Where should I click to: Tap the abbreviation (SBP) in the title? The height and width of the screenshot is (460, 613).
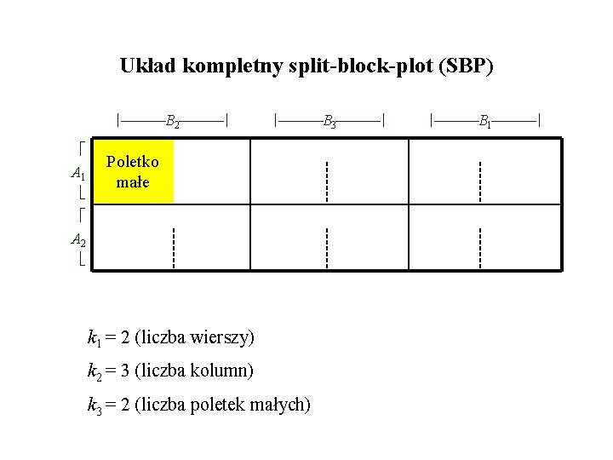464,66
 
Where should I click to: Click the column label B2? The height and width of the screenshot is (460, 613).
172,122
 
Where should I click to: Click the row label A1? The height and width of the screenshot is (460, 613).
77,175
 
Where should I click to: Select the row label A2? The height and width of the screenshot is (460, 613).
77,239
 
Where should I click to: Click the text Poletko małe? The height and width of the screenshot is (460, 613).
133,172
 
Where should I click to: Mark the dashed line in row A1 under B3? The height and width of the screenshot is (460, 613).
327,180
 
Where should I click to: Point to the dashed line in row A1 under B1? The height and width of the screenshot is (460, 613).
480,180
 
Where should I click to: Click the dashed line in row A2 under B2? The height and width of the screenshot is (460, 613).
173,247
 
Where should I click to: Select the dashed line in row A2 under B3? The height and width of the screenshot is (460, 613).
327,247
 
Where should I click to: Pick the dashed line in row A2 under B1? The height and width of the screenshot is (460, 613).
480,247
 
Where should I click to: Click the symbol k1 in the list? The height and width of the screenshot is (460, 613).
94,338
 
